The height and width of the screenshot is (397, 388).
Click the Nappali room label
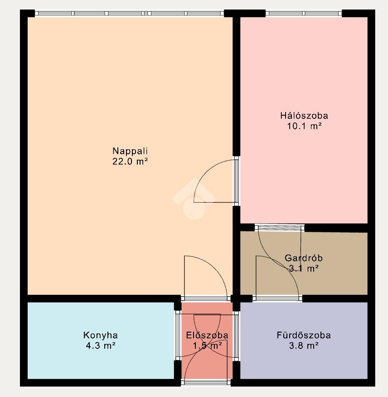coord(130,151)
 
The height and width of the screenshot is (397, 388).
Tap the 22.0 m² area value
coord(130,162)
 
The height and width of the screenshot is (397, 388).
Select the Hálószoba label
coord(304,116)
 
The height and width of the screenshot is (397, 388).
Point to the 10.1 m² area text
coord(304,126)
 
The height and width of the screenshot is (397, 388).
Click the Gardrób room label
coord(304,258)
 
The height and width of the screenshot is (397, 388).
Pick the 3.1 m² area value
coord(304,268)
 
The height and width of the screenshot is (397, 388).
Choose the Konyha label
coord(101,335)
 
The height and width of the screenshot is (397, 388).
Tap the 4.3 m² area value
coord(101,346)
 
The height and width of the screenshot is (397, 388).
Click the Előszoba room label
coord(207,335)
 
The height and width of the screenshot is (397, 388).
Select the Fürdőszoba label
coord(304,335)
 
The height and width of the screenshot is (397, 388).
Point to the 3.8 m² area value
coord(304,346)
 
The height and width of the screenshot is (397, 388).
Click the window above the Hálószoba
coord(304,14)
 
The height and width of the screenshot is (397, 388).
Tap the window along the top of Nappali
coord(129,14)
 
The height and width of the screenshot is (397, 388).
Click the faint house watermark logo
coord(194,198)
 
